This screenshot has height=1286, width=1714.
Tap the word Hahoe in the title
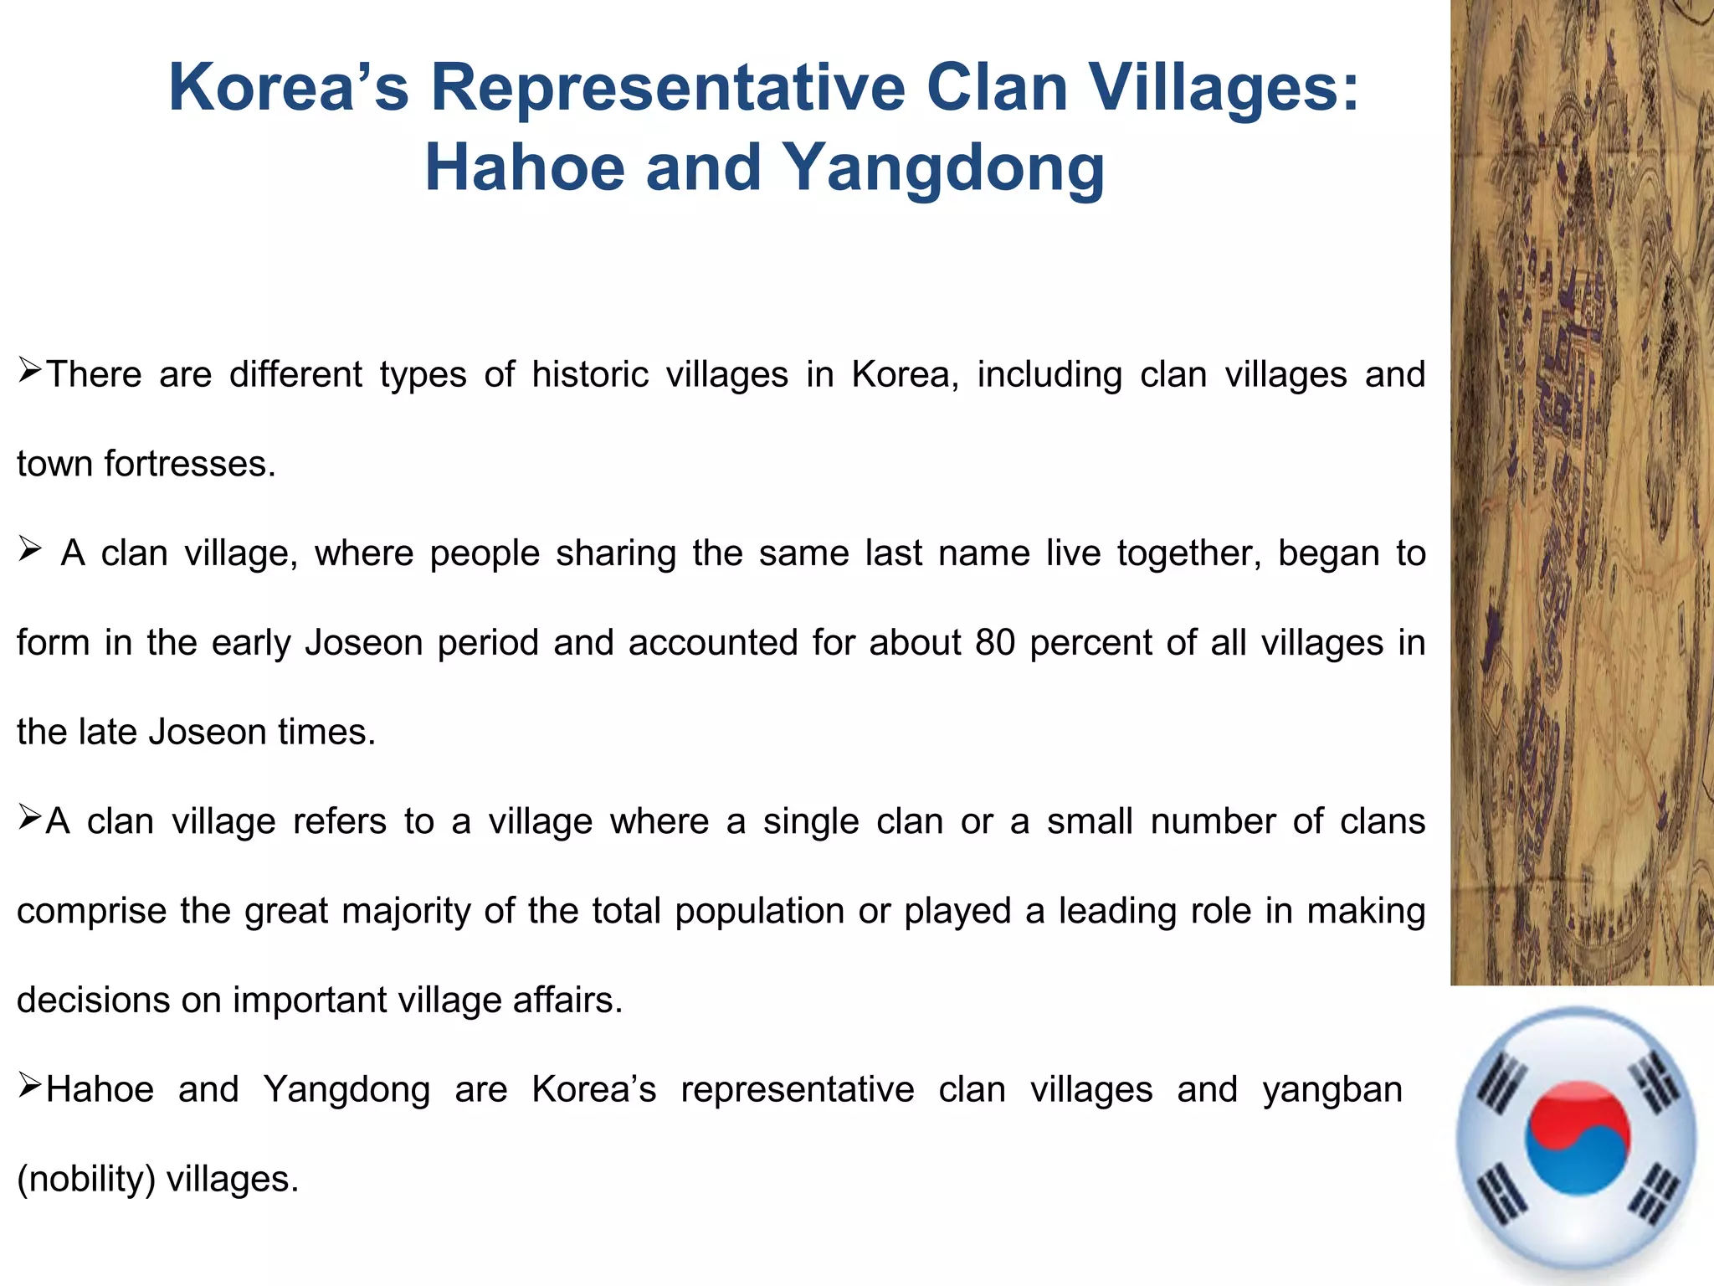click(525, 167)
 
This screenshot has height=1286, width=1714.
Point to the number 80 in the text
click(995, 642)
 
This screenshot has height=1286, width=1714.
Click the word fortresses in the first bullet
click(190, 464)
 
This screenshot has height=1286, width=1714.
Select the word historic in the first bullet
click(590, 374)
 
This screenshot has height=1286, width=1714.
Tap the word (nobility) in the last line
click(86, 1179)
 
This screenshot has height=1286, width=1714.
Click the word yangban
click(1332, 1090)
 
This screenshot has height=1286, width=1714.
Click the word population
click(759, 911)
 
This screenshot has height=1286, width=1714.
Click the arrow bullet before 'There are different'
click(30, 368)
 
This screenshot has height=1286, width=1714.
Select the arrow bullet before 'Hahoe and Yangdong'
click(30, 1086)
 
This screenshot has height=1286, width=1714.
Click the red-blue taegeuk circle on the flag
click(1578, 1138)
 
